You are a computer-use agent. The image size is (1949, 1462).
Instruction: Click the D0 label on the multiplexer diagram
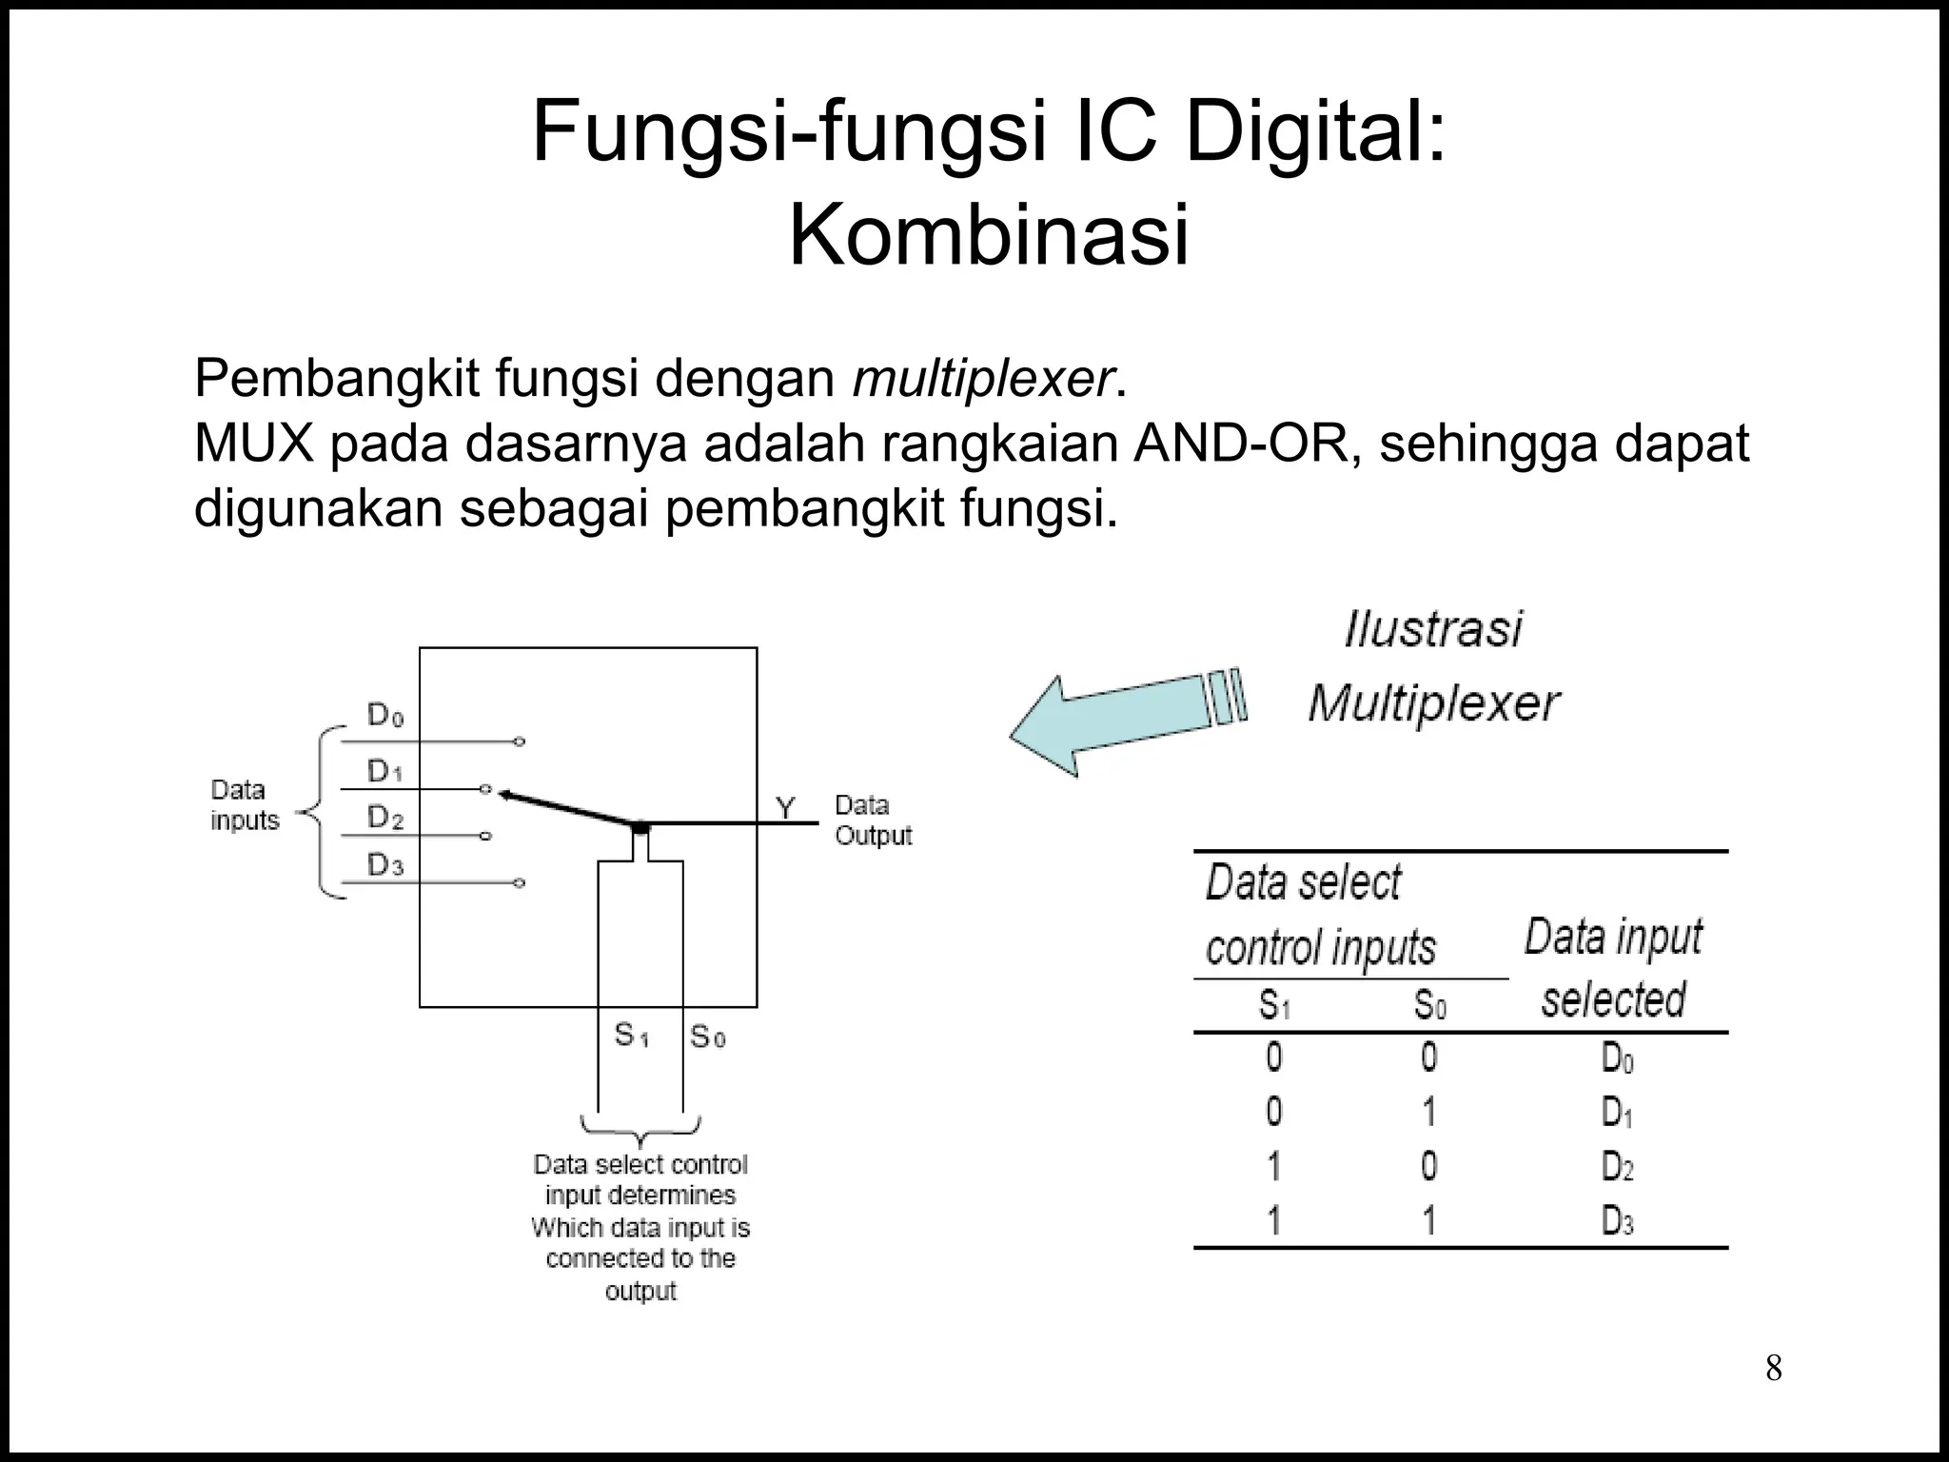point(385,716)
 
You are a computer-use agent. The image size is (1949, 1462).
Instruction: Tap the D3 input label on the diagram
point(385,866)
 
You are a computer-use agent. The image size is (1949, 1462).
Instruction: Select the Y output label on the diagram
point(785,809)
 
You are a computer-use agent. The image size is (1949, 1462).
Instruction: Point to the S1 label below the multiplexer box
point(631,1035)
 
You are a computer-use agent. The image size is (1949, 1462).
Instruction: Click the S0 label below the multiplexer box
point(708,1036)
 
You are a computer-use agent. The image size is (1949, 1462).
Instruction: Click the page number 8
point(1773,1369)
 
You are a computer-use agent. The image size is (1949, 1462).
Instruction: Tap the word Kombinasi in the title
point(988,235)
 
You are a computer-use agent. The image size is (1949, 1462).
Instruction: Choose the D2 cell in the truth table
point(1617,1167)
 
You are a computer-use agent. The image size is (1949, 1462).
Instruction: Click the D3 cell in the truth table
point(1617,1221)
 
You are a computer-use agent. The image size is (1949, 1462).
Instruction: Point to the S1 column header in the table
point(1274,1005)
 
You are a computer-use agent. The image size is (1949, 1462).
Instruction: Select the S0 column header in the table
point(1429,1005)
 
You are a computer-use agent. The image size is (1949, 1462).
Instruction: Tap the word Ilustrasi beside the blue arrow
point(1432,630)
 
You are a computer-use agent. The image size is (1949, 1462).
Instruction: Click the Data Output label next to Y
point(873,820)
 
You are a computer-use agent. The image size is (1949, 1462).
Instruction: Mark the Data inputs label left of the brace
point(245,805)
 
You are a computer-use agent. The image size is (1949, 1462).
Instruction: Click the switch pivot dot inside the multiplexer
point(640,826)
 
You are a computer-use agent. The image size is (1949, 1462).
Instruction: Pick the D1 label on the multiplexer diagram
point(385,771)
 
